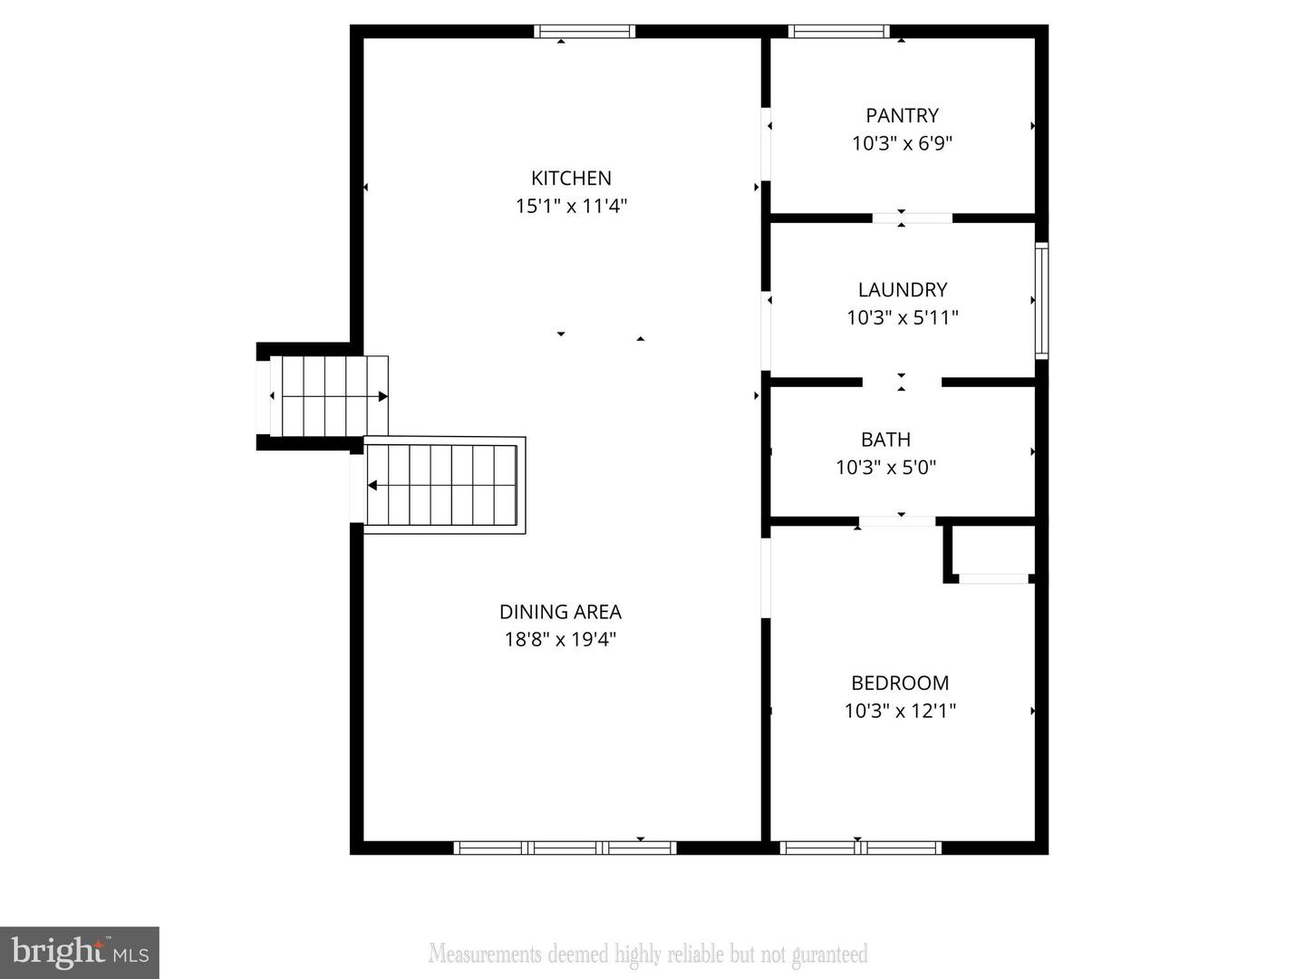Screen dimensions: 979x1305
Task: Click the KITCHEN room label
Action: [x=571, y=179]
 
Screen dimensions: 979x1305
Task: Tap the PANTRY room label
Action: [x=902, y=116]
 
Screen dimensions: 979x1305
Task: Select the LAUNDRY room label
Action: [x=903, y=290]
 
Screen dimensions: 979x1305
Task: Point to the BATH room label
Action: [x=885, y=440]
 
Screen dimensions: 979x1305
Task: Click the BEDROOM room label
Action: [x=900, y=683]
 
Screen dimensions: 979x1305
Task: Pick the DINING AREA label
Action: [x=560, y=612]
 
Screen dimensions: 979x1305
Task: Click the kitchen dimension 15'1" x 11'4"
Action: [x=571, y=206]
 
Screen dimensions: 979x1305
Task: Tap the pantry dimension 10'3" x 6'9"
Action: [x=902, y=143]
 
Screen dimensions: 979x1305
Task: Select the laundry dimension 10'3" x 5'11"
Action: [x=903, y=317]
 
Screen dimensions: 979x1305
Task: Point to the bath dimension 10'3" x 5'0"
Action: [x=885, y=467]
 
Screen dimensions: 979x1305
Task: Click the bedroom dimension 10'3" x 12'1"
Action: [x=900, y=711]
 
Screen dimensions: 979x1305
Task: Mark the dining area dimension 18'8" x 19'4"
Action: [x=560, y=639]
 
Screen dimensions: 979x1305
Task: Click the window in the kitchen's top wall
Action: [x=585, y=32]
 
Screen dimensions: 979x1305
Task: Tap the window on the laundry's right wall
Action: [x=1041, y=300]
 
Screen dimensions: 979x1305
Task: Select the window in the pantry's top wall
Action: [x=838, y=32]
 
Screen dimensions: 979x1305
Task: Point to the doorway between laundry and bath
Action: [x=902, y=383]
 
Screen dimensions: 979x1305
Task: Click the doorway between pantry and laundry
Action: [x=912, y=218]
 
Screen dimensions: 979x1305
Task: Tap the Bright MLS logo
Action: [x=80, y=952]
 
